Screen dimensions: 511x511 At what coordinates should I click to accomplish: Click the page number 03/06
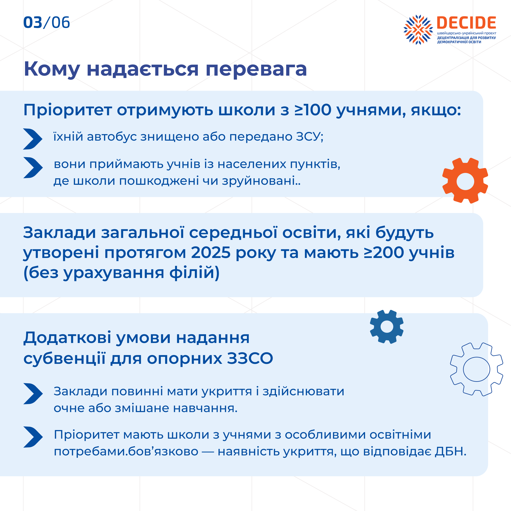coord(47,22)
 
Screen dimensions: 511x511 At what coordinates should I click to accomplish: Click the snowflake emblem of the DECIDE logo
coord(418,30)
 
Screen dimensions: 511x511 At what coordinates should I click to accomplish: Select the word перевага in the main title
coord(256,69)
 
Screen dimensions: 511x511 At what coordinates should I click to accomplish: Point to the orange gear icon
coord(465,181)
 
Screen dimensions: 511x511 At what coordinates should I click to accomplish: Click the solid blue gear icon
coord(387,327)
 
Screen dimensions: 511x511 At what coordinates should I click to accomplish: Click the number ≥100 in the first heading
coord(313,110)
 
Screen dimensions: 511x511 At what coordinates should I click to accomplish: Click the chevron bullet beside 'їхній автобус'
coord(32,139)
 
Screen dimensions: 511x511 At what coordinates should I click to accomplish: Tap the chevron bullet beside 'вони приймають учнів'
coord(33,168)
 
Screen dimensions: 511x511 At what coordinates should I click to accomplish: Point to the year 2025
coord(211,253)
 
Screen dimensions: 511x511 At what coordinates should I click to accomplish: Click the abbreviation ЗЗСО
coord(250,359)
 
